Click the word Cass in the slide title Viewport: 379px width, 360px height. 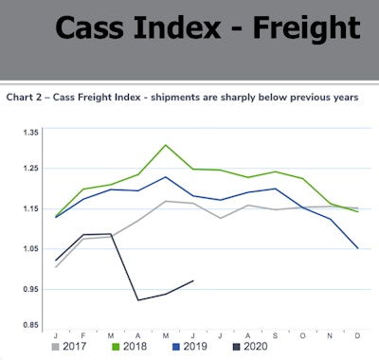pos(99,28)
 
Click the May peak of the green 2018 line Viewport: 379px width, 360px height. pos(166,145)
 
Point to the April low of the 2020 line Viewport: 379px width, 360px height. pos(138,300)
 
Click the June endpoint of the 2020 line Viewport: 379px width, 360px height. pos(193,280)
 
